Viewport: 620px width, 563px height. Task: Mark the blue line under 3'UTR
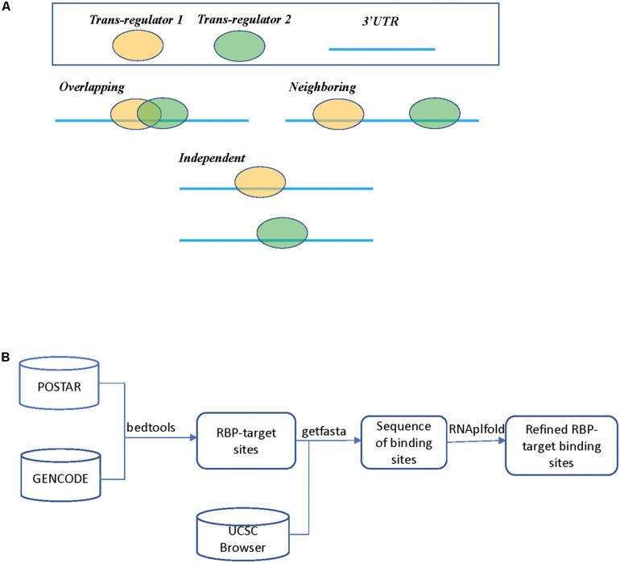(382, 49)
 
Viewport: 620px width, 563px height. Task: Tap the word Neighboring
(322, 86)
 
